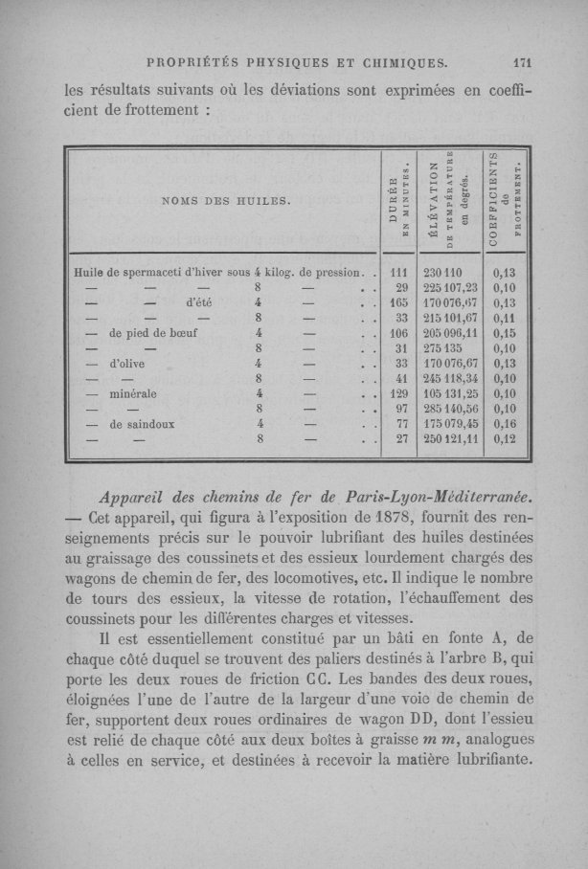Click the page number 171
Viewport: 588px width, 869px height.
[521, 65]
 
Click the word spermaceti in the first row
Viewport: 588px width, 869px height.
[164, 271]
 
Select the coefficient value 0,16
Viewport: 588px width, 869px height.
[504, 425]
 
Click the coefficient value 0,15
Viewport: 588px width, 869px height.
[504, 334]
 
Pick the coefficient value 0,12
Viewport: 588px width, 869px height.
[504, 440]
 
